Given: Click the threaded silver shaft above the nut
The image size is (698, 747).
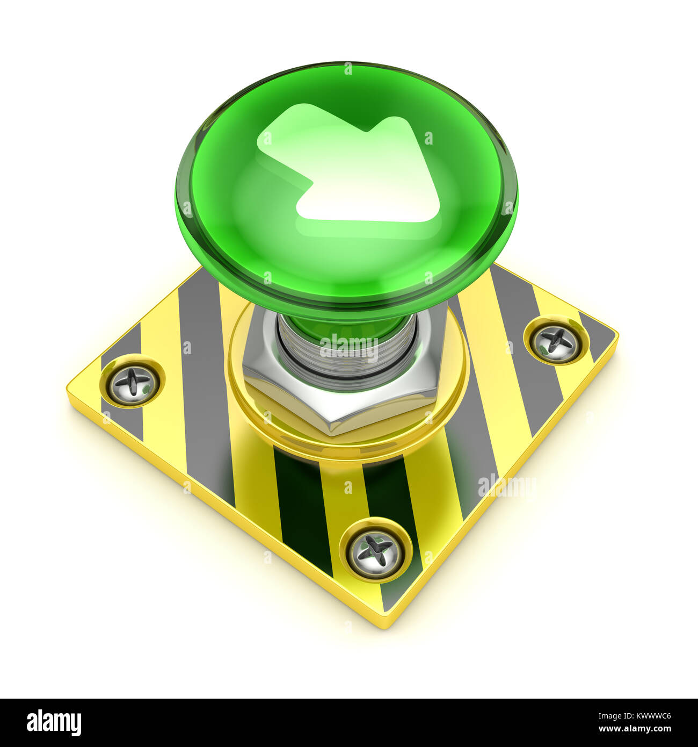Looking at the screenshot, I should (346, 357).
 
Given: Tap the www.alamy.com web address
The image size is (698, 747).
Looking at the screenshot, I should (634, 729).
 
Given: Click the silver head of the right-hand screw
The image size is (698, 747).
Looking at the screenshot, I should (556, 342).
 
